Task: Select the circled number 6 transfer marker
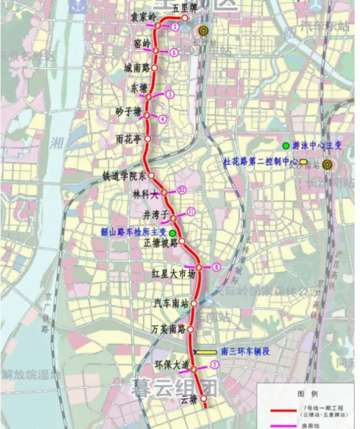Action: pyautogui.click(x=174, y=52)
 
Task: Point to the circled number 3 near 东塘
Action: pyautogui.click(x=170, y=94)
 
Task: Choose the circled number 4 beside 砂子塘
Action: pyautogui.click(x=163, y=118)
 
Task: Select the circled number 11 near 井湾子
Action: pyautogui.click(x=191, y=211)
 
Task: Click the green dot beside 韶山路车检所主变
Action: pyautogui.click(x=172, y=232)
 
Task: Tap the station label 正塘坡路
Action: pyautogui.click(x=161, y=243)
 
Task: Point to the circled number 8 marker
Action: pyautogui.click(x=216, y=268)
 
